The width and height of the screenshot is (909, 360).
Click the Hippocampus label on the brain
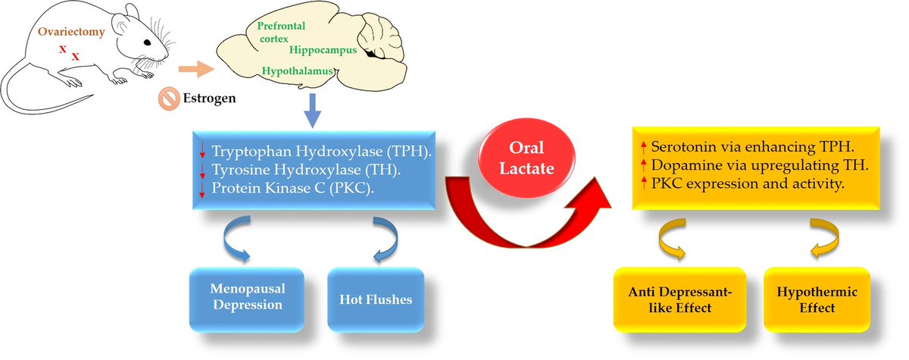(323, 49)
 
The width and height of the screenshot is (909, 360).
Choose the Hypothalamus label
(298, 71)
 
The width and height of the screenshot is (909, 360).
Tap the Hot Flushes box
(375, 299)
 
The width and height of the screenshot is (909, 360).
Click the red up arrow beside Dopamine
(642, 166)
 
